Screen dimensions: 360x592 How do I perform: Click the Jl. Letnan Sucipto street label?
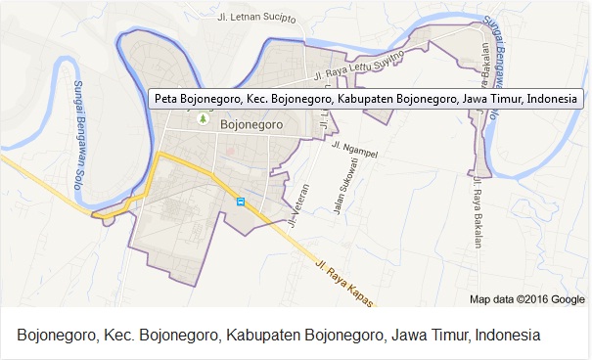tap(255, 17)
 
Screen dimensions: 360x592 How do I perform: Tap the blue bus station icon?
tap(241, 202)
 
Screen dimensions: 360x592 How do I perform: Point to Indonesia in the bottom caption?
tap(508, 336)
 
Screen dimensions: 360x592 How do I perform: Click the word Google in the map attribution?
tap(567, 299)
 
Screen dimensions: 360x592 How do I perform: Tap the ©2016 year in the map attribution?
tap(529, 299)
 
